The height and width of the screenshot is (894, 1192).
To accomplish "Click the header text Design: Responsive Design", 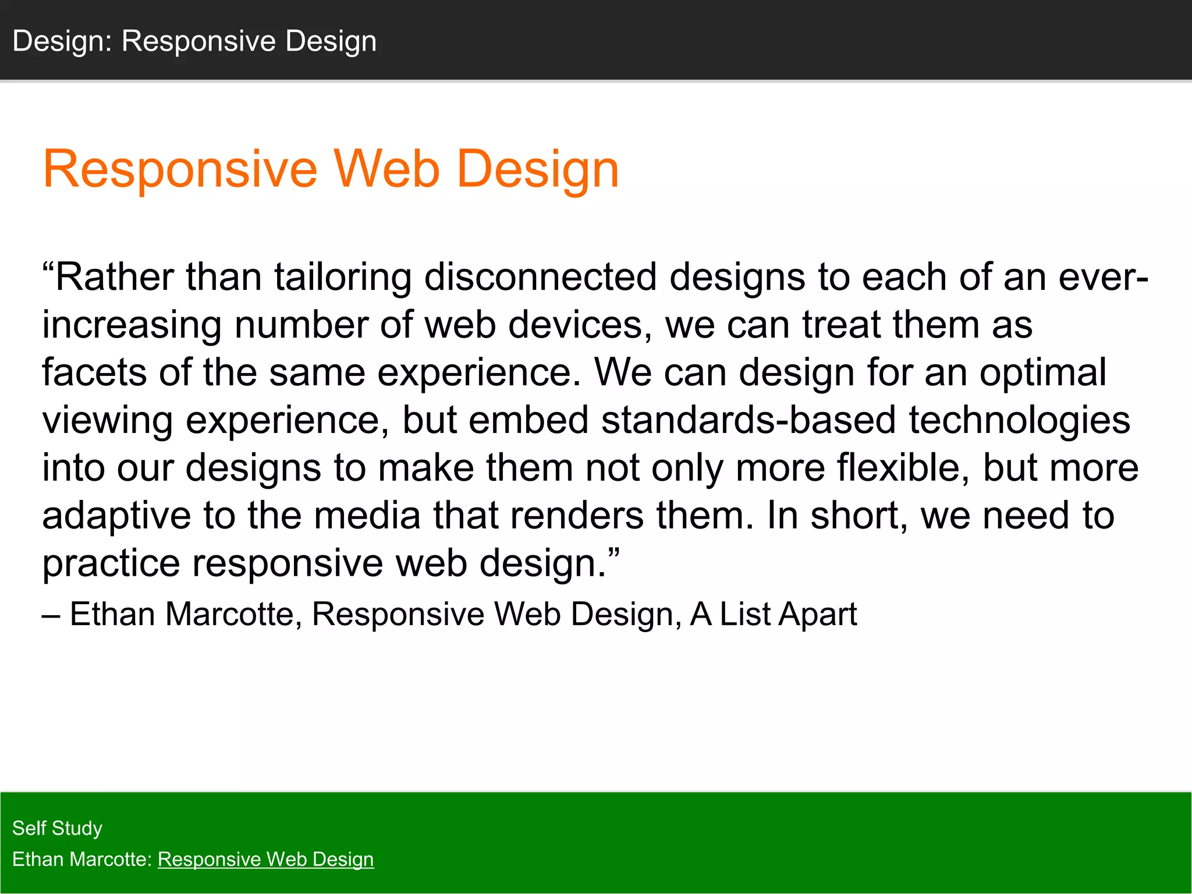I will point(194,41).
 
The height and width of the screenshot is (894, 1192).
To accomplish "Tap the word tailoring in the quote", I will point(343,277).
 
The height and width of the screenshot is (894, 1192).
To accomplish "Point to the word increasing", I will point(132,326).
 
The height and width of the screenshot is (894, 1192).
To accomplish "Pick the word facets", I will point(94,372).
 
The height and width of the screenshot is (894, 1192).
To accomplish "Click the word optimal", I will point(1042,374).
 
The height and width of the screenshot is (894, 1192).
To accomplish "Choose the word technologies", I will point(1019,421).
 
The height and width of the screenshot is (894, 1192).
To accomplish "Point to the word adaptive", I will point(116,517).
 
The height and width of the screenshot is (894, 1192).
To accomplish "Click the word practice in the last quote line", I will point(111,565).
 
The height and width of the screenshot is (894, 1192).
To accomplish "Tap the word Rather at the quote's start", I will point(114,277).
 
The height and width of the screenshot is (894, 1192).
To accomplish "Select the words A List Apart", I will point(774,614).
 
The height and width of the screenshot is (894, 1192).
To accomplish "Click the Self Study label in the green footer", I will point(57,828).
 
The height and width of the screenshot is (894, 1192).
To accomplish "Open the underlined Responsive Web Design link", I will point(265,860).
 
